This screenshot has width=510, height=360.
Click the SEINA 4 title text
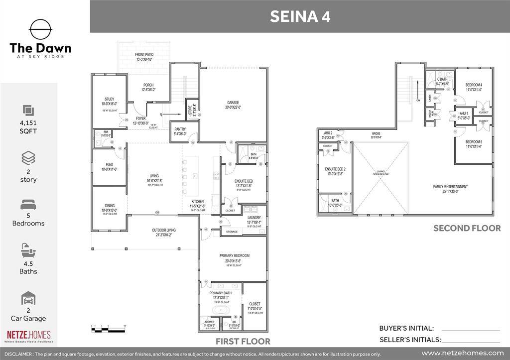coord(300,16)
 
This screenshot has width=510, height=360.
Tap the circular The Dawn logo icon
coord(40,30)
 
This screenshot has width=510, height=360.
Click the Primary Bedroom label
coord(234,256)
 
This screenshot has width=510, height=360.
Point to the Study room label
coord(110,100)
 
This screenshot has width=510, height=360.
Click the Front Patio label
coord(144,54)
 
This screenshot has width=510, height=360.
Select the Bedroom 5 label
coord(474,142)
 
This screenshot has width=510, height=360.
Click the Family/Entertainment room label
coord(450,187)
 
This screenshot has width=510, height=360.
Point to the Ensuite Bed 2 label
coord(335,169)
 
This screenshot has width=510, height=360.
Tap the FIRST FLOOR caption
coord(243,342)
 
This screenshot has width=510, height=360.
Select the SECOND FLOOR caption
coord(467,228)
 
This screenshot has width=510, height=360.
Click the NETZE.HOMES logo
coord(28,336)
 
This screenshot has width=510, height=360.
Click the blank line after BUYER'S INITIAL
coord(470,329)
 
